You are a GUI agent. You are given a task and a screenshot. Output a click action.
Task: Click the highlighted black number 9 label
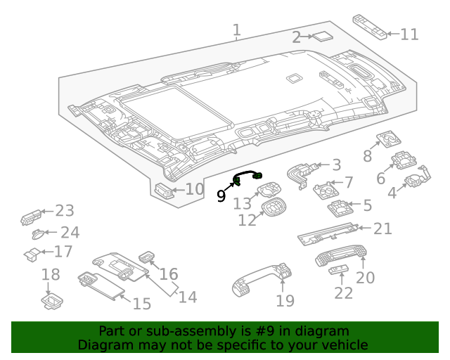221,196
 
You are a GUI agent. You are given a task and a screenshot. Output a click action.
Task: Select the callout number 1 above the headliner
237,30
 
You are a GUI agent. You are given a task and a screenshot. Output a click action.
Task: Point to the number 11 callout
409,33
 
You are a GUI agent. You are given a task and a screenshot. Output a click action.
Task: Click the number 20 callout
365,277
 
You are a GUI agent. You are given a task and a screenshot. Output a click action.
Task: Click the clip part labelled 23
31,216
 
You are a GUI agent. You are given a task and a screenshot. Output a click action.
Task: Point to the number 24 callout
70,232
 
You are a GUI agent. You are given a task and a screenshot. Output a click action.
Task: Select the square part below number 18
51,302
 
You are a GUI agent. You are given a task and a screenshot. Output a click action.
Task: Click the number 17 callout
63,251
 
